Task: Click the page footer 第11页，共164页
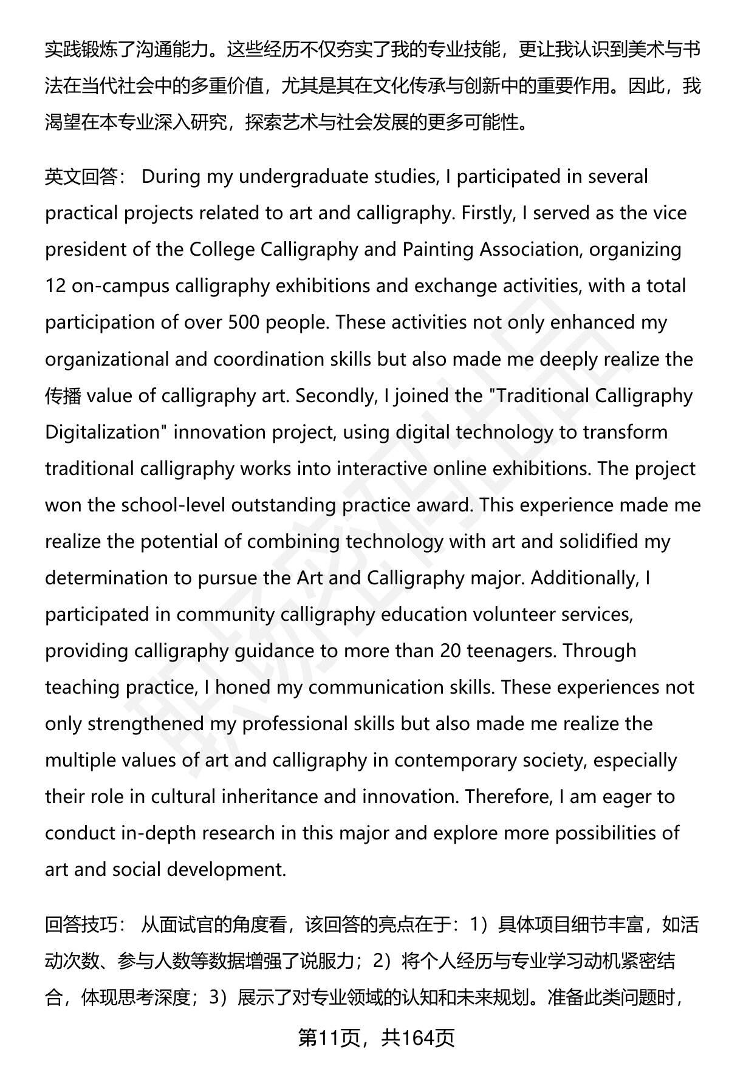coord(376,1037)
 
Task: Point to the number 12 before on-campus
coord(55,286)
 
